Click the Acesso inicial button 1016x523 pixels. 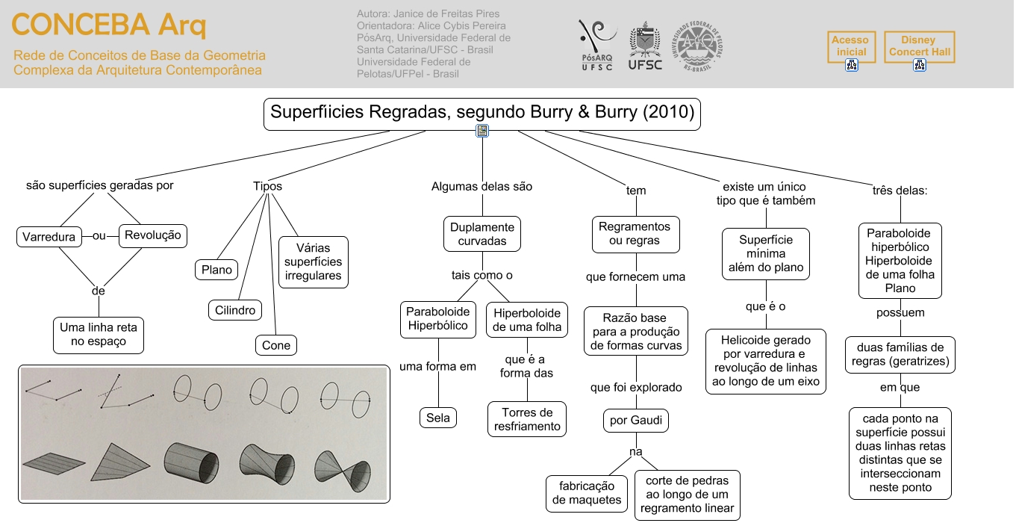click(x=851, y=47)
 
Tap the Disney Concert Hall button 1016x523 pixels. click(x=920, y=47)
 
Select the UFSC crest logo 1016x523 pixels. click(x=645, y=46)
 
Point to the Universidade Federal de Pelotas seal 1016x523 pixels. click(x=697, y=46)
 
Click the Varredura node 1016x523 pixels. click(x=49, y=237)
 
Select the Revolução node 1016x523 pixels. click(x=153, y=235)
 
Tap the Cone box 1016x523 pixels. click(x=276, y=345)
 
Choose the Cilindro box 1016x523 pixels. click(x=235, y=310)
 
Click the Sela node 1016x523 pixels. click(x=437, y=418)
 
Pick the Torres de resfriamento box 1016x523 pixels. click(x=527, y=419)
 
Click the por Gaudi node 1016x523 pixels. click(x=636, y=421)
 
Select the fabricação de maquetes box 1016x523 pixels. click(x=587, y=493)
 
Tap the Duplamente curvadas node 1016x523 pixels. click(x=482, y=234)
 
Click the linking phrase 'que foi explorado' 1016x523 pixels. click(x=636, y=387)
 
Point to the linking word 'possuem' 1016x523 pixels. click(x=900, y=313)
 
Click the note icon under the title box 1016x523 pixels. click(x=482, y=131)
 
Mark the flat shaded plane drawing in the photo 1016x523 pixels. click(x=54, y=463)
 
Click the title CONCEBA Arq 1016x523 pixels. click(x=109, y=25)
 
